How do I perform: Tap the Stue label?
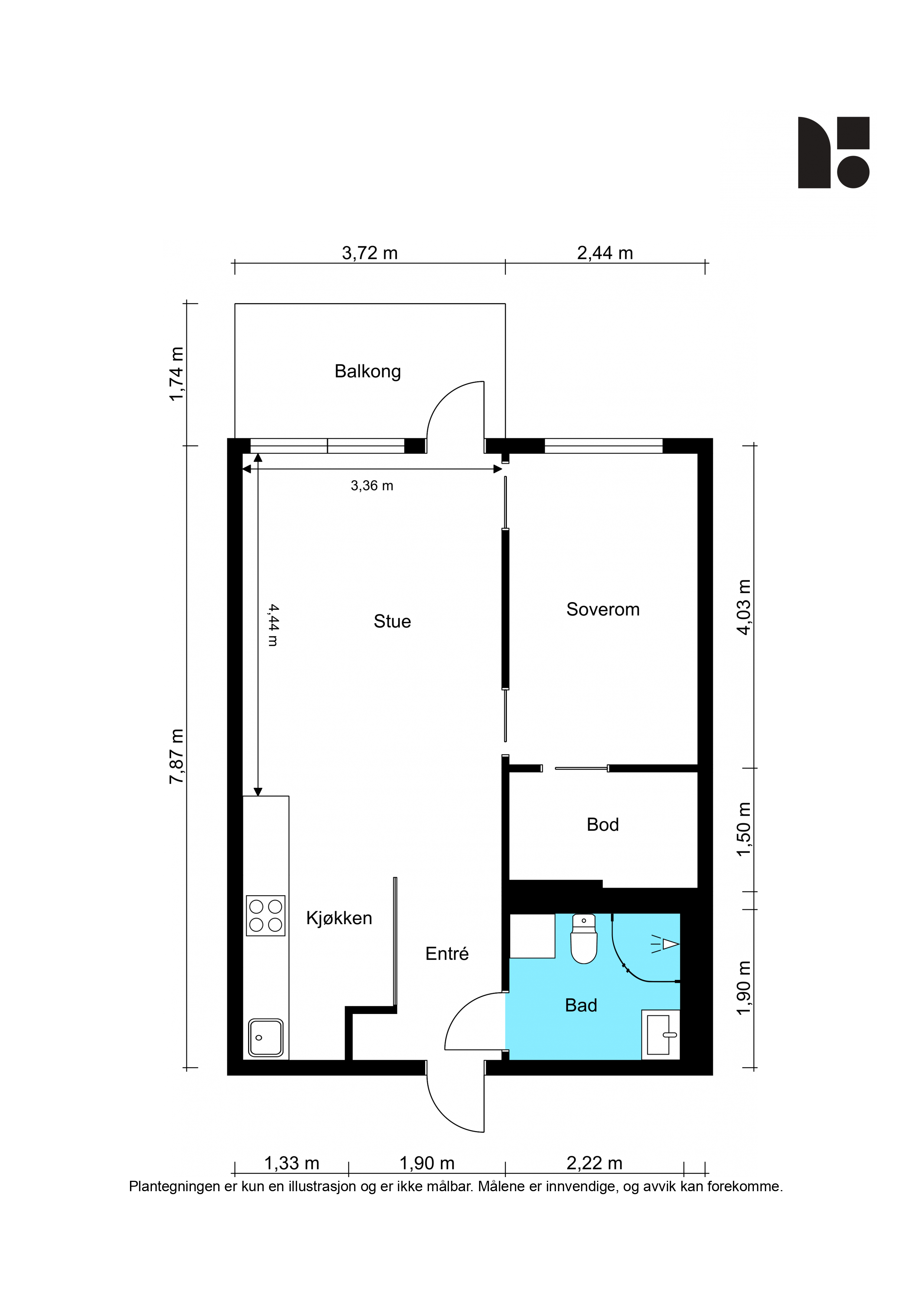point(392,621)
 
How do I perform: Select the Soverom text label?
point(603,610)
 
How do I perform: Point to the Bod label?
point(603,825)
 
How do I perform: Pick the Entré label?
point(447,954)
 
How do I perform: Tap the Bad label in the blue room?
point(581,1005)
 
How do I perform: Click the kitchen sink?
point(266,1038)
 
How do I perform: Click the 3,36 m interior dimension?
point(372,486)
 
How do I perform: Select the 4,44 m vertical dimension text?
point(273,625)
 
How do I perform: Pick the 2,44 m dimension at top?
point(605,253)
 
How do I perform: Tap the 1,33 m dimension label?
point(292,1163)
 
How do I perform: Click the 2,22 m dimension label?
point(594,1163)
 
